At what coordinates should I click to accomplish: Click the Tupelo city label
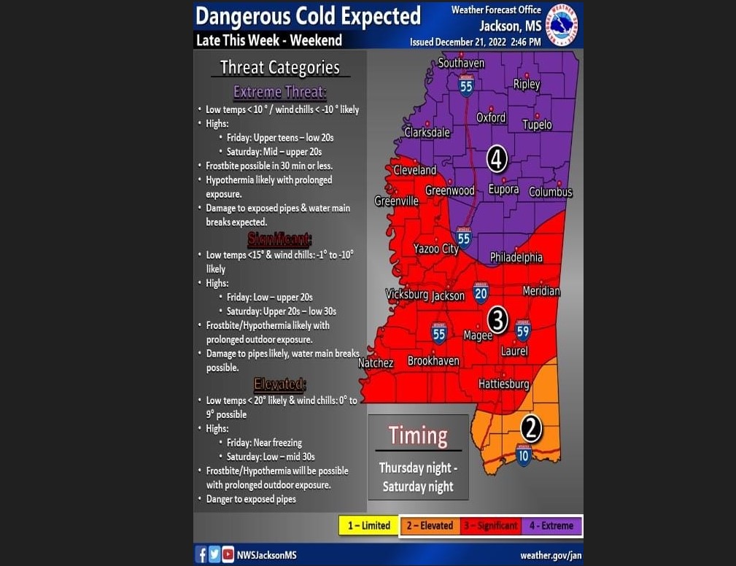click(x=537, y=125)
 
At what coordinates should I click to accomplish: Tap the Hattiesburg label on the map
click(x=503, y=384)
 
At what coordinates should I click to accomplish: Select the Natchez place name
click(x=376, y=363)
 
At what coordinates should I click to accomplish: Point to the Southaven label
click(x=461, y=63)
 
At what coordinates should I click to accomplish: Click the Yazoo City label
click(x=436, y=249)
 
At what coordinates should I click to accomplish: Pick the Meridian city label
click(x=541, y=291)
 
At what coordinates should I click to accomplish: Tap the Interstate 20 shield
click(x=481, y=292)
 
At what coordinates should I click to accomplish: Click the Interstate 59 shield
click(x=523, y=330)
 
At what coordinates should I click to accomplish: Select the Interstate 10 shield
click(x=524, y=454)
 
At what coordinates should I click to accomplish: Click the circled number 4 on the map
click(x=497, y=158)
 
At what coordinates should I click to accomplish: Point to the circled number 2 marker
click(x=531, y=429)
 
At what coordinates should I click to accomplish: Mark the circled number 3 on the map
click(x=497, y=319)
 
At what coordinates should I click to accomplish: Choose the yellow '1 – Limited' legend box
click(x=368, y=525)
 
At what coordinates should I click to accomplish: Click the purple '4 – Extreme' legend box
click(x=551, y=525)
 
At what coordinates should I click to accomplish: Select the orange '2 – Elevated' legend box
click(x=430, y=525)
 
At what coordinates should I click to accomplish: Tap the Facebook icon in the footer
click(x=201, y=554)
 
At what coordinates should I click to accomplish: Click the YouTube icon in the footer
click(x=228, y=554)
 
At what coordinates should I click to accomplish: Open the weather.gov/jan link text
click(x=551, y=555)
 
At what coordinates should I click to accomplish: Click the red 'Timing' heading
click(x=418, y=435)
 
